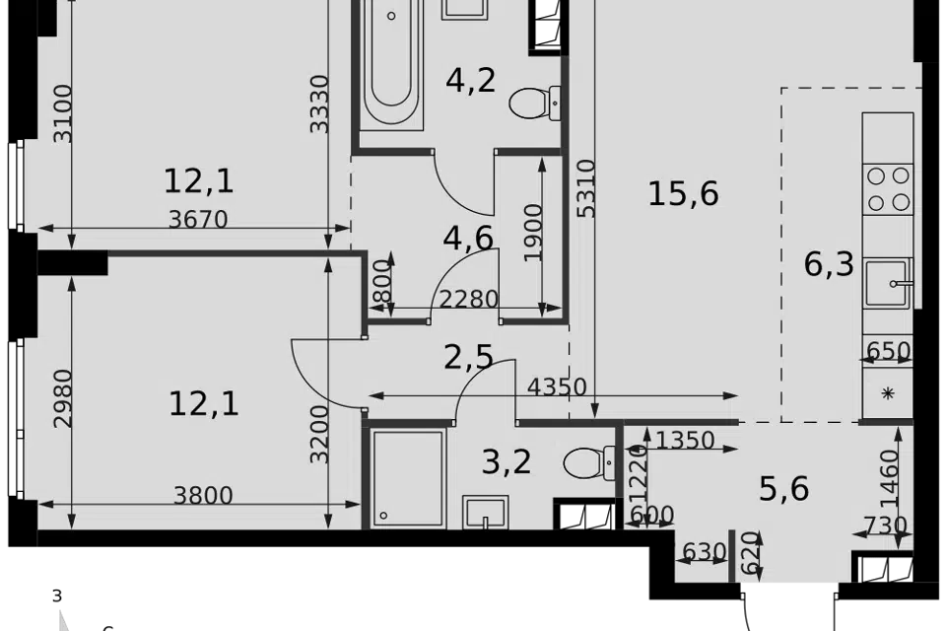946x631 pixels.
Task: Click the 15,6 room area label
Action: pyautogui.click(x=683, y=194)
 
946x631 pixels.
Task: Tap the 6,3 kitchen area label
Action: pyautogui.click(x=829, y=264)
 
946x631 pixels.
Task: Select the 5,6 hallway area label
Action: pyautogui.click(x=783, y=489)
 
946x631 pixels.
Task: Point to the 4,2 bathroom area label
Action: pyautogui.click(x=471, y=80)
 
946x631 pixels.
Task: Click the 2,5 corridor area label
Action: pyautogui.click(x=468, y=358)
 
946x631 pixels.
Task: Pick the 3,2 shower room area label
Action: pyautogui.click(x=507, y=462)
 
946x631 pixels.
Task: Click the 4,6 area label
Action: pyautogui.click(x=468, y=239)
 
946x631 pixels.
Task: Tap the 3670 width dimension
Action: pyautogui.click(x=198, y=219)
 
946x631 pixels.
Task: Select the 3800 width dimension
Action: pyautogui.click(x=203, y=496)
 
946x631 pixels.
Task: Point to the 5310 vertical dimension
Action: pyautogui.click(x=585, y=187)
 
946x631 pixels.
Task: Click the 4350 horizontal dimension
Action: pyautogui.click(x=557, y=386)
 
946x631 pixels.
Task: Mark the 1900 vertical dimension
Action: pyautogui.click(x=534, y=233)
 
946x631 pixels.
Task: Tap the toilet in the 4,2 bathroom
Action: pyautogui.click(x=535, y=103)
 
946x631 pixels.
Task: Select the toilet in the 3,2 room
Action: pyautogui.click(x=589, y=463)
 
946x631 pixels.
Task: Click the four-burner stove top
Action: pyautogui.click(x=888, y=189)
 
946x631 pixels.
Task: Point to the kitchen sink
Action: pyautogui.click(x=888, y=283)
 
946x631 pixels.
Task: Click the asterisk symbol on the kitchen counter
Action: pyautogui.click(x=888, y=393)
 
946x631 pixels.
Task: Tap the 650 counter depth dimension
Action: pyautogui.click(x=888, y=351)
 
